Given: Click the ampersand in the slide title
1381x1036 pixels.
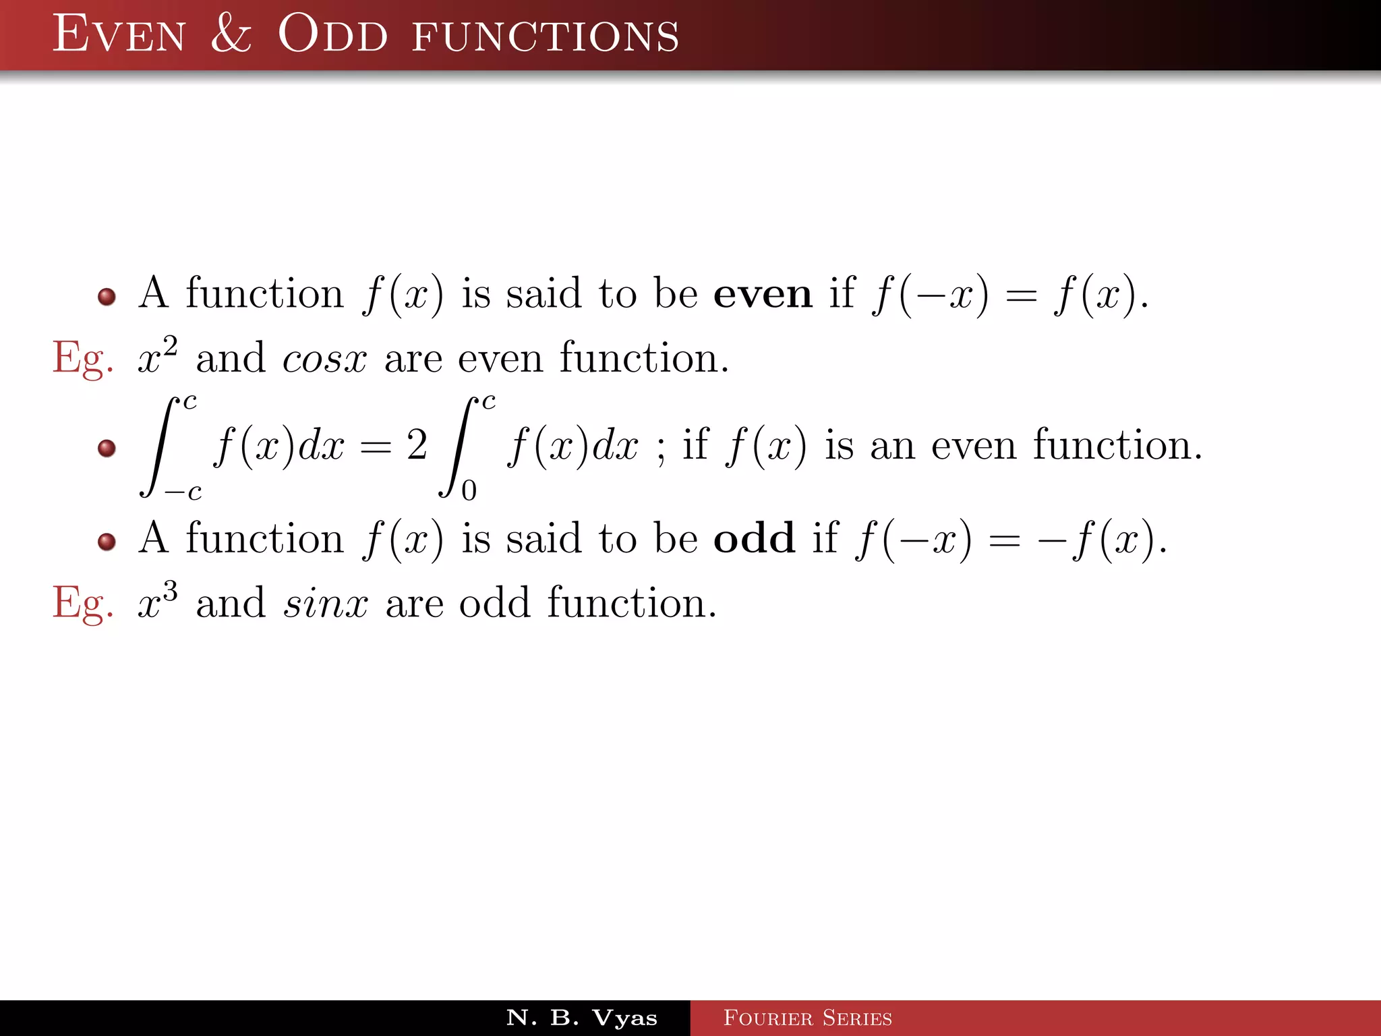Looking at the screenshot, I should [x=231, y=34].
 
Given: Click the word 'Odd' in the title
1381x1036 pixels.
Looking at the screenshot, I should [x=332, y=34].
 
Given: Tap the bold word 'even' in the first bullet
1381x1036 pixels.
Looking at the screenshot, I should [x=763, y=295].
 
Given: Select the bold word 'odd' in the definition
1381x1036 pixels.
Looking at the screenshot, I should [x=754, y=539].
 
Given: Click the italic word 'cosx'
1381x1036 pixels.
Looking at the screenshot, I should [x=324, y=359].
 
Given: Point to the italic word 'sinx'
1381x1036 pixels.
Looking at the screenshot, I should [x=325, y=603].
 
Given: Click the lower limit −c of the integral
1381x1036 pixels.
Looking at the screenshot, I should [x=183, y=492].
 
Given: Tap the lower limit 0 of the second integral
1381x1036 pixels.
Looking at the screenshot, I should [x=469, y=490].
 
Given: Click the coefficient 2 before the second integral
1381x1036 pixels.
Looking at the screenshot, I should [x=417, y=445].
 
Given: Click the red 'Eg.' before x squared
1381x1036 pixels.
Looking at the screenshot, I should [x=82, y=359].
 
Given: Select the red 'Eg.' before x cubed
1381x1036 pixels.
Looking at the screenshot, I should [x=82, y=603].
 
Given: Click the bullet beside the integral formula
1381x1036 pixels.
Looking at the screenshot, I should [x=107, y=448].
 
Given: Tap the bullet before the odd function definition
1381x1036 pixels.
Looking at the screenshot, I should [x=107, y=541].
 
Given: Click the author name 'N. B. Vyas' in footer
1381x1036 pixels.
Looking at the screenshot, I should [x=581, y=1018].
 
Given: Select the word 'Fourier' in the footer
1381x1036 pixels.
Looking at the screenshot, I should [x=767, y=1018].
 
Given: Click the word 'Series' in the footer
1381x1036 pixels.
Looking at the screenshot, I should [x=857, y=1018].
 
